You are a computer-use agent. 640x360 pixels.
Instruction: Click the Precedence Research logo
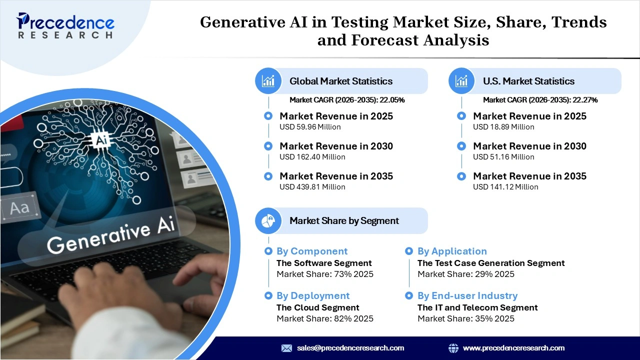(x=65, y=26)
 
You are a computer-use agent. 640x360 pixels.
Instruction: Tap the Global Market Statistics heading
(x=341, y=81)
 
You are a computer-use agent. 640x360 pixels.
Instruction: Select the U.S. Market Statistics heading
(x=528, y=81)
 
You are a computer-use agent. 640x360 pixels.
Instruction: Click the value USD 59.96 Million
(x=310, y=127)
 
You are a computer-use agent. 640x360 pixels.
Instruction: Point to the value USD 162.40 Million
(x=312, y=157)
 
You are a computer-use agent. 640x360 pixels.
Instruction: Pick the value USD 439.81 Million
(x=312, y=187)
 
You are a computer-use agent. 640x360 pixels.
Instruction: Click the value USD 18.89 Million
(x=503, y=127)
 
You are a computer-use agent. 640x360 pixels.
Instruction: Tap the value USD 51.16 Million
(x=503, y=157)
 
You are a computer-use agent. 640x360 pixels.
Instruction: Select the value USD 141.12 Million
(x=505, y=187)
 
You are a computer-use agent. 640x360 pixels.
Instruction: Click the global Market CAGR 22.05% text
(x=347, y=100)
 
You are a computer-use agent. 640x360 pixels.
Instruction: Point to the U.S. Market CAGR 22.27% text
(x=540, y=100)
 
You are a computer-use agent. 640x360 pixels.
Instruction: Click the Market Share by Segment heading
(x=344, y=220)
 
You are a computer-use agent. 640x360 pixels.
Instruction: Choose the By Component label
(x=311, y=251)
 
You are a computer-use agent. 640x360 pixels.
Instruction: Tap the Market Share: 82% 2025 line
(x=324, y=318)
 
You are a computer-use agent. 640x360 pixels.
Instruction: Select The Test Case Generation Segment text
(x=490, y=263)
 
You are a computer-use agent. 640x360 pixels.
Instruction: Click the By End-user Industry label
(x=467, y=296)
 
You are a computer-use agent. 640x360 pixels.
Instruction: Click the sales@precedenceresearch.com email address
(x=350, y=348)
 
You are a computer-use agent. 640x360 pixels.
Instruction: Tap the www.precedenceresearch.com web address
(x=513, y=348)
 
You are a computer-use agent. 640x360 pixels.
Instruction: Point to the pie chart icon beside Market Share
(x=268, y=220)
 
